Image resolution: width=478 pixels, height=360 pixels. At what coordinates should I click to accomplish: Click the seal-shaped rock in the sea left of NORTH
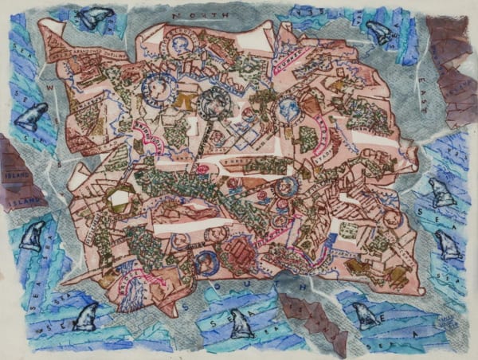96,16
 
